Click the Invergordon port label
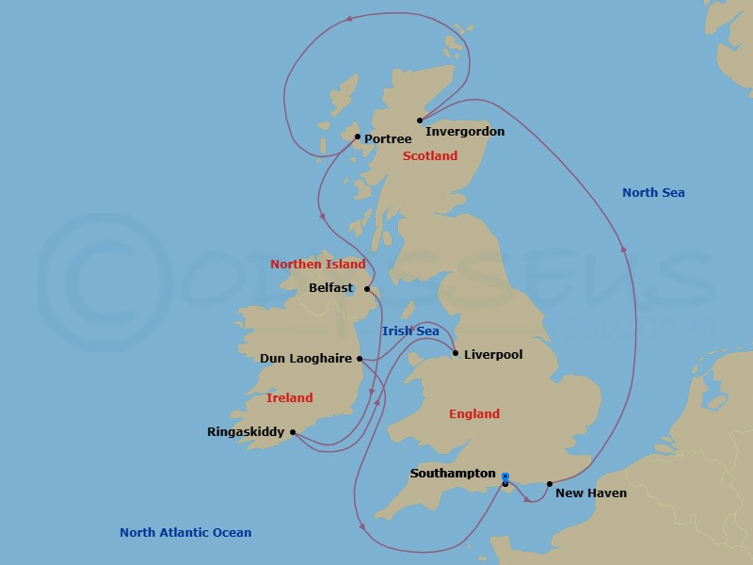(x=465, y=132)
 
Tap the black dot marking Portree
(x=358, y=137)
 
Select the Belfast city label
(x=330, y=288)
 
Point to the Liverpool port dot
(x=456, y=354)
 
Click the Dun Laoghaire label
(x=306, y=359)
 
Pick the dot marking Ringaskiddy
(x=293, y=432)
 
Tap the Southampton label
(x=452, y=474)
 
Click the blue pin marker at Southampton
(x=505, y=477)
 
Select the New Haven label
(x=591, y=492)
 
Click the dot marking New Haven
(x=550, y=484)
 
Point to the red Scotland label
(x=430, y=156)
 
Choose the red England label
(x=474, y=414)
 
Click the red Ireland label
(x=289, y=398)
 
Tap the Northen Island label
(x=318, y=265)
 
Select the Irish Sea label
(x=410, y=331)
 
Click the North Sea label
(x=653, y=193)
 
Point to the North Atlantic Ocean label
(x=185, y=533)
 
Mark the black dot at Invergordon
(x=420, y=121)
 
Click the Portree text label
(x=388, y=139)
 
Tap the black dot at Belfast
(x=367, y=289)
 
